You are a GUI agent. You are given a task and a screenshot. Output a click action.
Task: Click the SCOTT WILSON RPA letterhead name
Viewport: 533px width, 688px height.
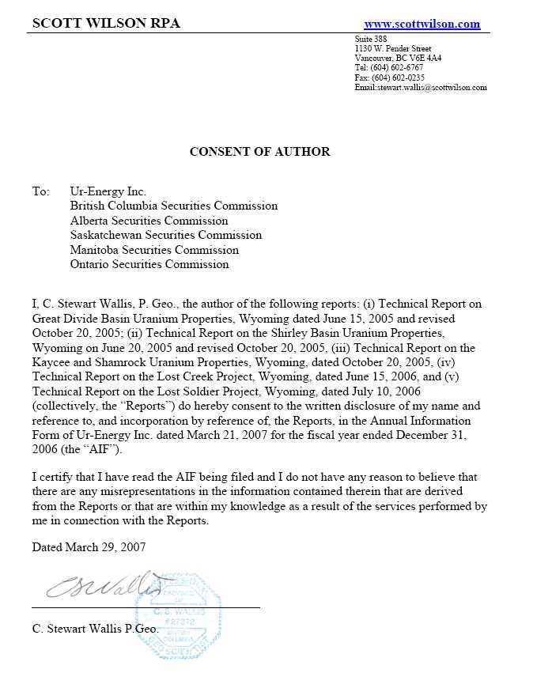coord(106,23)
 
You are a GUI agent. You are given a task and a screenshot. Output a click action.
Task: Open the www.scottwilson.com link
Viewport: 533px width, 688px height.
coord(421,24)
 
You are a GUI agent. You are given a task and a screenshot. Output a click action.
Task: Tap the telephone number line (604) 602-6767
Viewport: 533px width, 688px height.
coord(390,68)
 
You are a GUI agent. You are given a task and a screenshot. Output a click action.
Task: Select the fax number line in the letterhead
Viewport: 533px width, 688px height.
coord(390,77)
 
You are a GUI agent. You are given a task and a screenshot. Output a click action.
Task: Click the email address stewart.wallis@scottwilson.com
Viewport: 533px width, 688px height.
coord(421,87)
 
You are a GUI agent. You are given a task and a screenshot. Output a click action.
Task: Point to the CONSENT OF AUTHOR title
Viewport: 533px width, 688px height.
coord(259,151)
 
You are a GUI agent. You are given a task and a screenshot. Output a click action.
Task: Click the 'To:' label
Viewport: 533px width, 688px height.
coord(40,191)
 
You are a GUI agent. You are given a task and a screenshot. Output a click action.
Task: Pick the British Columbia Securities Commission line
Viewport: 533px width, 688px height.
coord(174,206)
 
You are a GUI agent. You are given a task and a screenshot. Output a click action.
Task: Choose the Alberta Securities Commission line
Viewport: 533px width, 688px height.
coord(149,221)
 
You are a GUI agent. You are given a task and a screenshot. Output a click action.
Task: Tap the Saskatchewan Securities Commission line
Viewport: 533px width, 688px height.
coord(165,235)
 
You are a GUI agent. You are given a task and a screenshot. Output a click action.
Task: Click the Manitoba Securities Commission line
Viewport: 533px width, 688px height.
coord(154,250)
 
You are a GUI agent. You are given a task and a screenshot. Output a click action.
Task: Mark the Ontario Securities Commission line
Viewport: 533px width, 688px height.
coord(149,264)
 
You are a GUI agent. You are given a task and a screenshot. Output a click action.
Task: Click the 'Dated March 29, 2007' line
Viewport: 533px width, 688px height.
coord(89,546)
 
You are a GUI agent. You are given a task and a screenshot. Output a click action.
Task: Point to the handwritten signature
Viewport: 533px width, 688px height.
coord(103,586)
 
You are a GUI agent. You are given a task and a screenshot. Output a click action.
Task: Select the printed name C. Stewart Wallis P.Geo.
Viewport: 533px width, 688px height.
coord(95,629)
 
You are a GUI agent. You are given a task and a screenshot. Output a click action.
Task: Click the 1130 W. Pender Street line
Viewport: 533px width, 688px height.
coord(393,49)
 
